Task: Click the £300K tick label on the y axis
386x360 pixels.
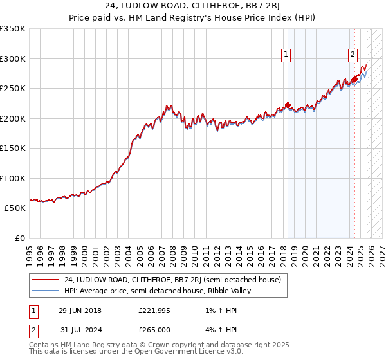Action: tap(13, 59)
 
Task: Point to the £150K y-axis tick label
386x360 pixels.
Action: tap(13, 148)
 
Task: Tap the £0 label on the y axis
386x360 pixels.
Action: tap(20, 239)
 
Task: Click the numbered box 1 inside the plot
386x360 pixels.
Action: tap(286, 55)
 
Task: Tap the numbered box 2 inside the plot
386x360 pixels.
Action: tap(353, 55)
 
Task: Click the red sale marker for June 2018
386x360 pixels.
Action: tap(287, 105)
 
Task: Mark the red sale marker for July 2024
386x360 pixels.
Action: tap(354, 80)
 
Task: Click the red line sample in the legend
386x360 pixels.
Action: tap(44, 280)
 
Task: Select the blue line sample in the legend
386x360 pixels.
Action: tap(44, 291)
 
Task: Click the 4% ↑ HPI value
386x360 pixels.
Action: tap(221, 330)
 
